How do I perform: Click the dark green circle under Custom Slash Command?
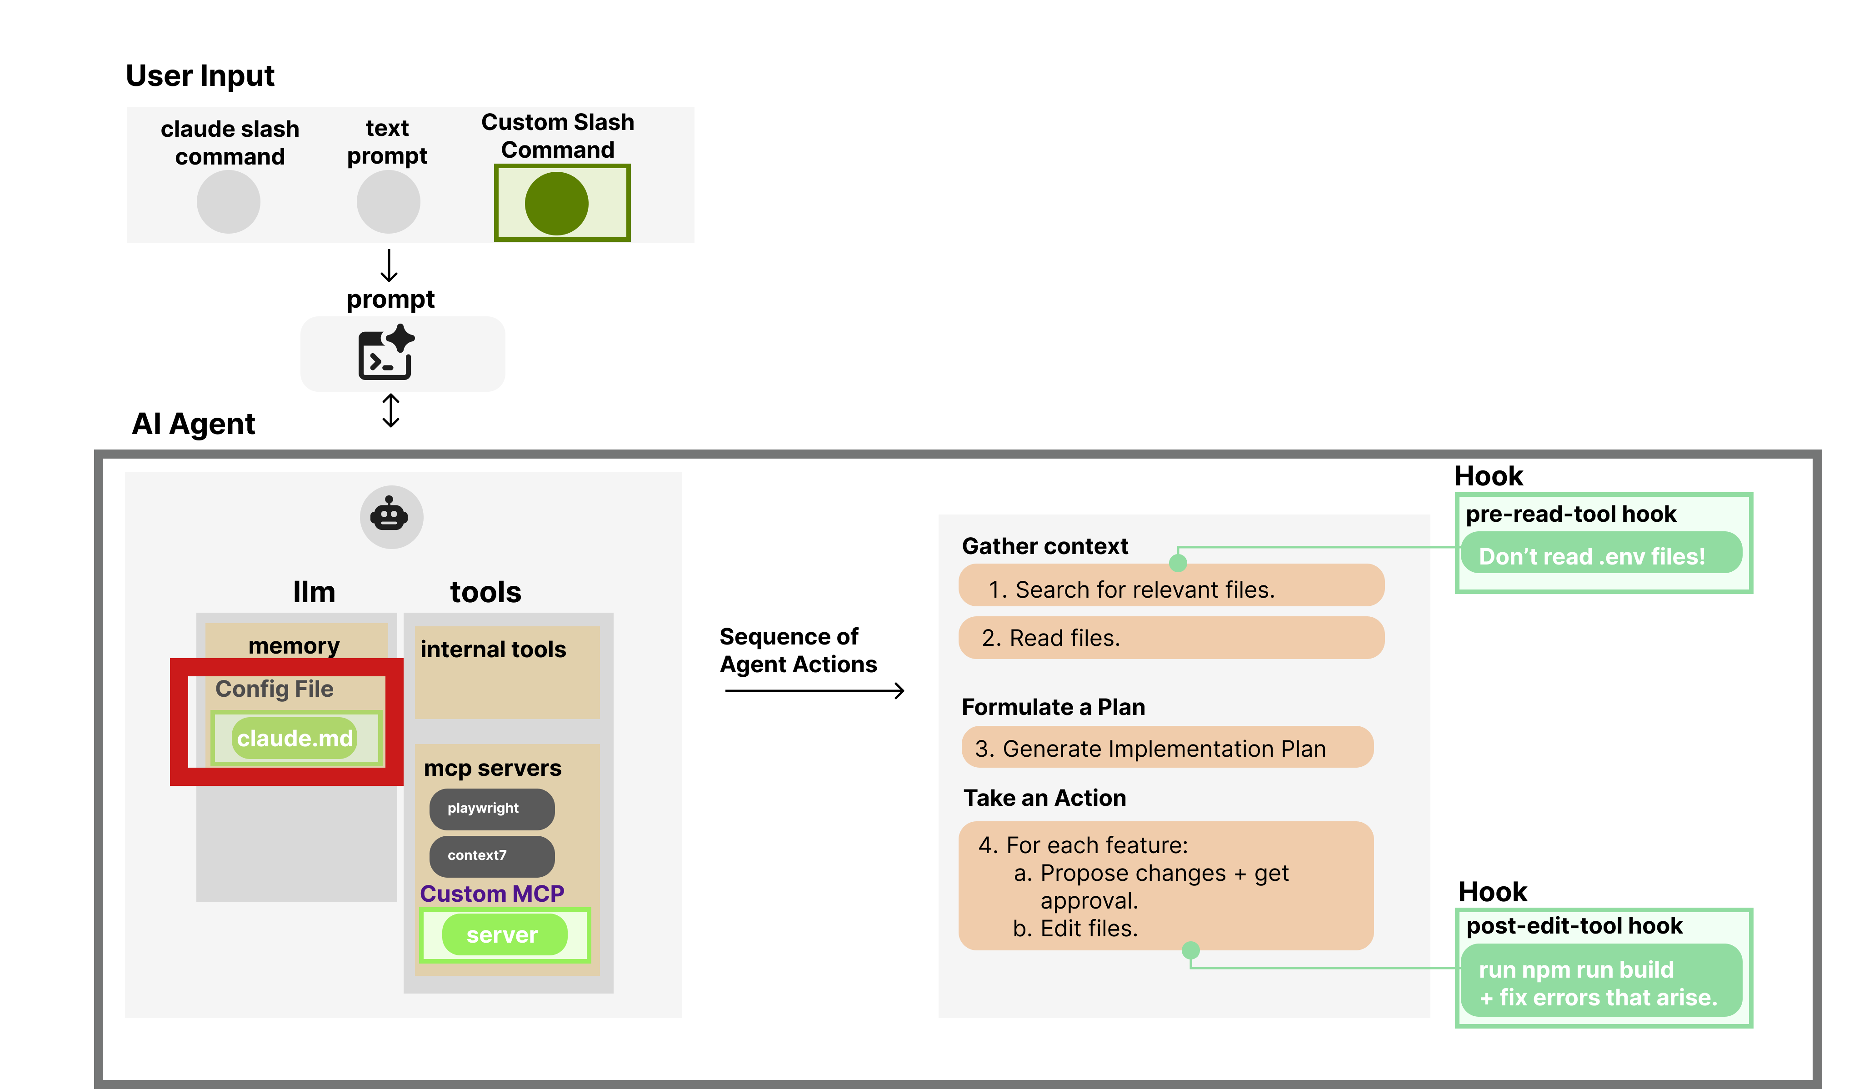(556, 203)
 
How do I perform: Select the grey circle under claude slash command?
(229, 202)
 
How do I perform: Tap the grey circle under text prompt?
(388, 202)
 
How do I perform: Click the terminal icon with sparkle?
(386, 353)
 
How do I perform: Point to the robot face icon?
(391, 516)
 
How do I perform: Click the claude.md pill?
(295, 738)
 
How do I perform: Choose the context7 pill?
(491, 855)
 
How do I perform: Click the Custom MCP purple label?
(492, 893)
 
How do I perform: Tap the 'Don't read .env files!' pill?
(1600, 555)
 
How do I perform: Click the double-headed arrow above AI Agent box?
(391, 410)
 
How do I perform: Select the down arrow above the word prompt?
(389, 265)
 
